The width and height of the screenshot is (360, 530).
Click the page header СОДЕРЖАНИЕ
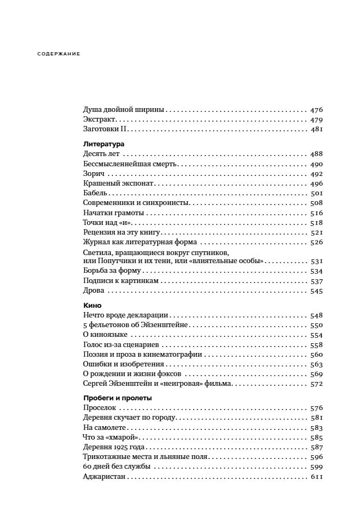[x=59, y=54]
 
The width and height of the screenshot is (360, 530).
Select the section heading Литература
[x=104, y=144]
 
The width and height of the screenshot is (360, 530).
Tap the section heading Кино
[x=93, y=305]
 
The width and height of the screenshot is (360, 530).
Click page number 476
[x=316, y=109]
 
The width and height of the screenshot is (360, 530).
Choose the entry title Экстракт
[x=100, y=119]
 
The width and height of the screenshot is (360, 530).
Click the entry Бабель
[x=96, y=193]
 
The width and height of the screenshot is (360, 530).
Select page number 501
[x=316, y=193]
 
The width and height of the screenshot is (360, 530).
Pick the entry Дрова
[x=94, y=291]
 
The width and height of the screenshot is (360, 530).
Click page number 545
[x=316, y=291]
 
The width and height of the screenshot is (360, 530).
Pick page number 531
[x=316, y=261]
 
